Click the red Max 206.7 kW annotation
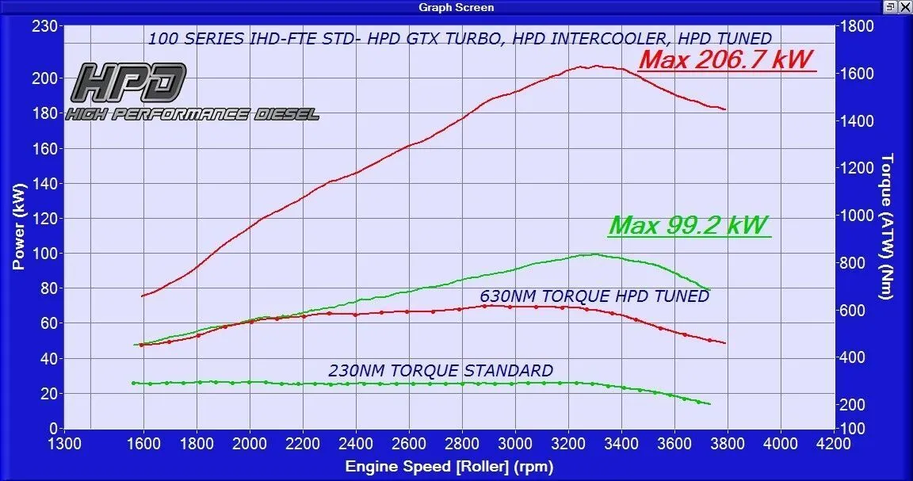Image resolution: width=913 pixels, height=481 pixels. (x=727, y=59)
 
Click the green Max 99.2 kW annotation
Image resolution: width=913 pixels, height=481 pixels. (x=689, y=225)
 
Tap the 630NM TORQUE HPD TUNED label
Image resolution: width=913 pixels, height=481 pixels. (x=594, y=296)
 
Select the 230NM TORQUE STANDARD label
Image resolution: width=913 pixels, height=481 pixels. (x=441, y=370)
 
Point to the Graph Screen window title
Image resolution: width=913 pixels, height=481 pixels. (x=456, y=7)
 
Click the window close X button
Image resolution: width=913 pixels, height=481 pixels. (x=905, y=7)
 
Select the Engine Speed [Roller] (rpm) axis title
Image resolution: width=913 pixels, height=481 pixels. (x=449, y=467)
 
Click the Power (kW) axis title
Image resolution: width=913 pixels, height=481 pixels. (x=19, y=226)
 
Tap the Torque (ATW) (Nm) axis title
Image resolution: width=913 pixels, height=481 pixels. (x=888, y=226)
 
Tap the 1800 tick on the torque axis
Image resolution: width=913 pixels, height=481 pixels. (x=857, y=26)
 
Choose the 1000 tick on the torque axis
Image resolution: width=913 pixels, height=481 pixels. (x=857, y=216)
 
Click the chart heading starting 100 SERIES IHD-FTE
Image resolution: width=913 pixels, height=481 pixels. (x=460, y=38)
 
